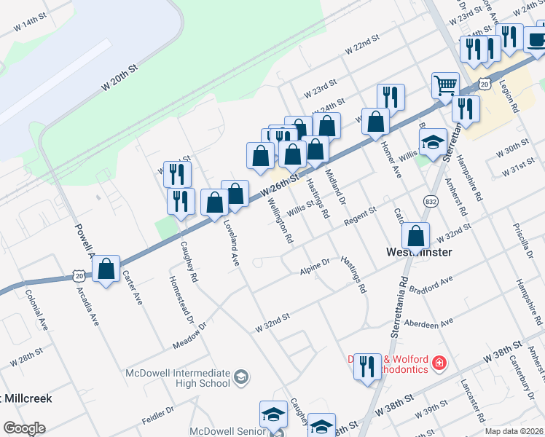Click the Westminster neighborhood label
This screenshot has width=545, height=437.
[x=418, y=252]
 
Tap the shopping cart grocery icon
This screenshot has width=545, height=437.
[x=445, y=84]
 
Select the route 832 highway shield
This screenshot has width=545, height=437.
[x=429, y=200]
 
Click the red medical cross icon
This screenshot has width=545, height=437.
[x=439, y=361]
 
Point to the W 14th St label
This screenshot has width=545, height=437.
[x=29, y=23]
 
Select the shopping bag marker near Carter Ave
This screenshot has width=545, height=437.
[x=106, y=269]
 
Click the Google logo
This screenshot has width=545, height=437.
[x=24, y=428]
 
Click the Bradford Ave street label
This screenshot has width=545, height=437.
[x=432, y=284]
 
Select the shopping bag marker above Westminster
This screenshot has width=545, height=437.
[x=415, y=236]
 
